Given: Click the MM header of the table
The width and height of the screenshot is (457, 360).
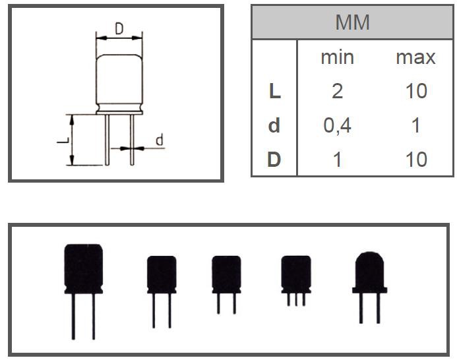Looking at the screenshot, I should [x=352, y=22].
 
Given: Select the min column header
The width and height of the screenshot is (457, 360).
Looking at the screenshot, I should [x=337, y=57].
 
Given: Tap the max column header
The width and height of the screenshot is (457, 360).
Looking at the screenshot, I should [x=415, y=57].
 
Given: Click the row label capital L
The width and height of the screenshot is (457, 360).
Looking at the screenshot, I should [x=274, y=91].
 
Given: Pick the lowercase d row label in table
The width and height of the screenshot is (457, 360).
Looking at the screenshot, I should [x=274, y=125].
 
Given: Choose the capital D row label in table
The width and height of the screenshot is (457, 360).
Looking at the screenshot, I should [x=274, y=160].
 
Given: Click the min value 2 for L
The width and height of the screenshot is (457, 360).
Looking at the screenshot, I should [x=337, y=91].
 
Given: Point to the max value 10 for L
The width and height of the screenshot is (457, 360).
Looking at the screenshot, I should [x=415, y=91].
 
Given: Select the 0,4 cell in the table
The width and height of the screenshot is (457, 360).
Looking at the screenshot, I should [x=337, y=125].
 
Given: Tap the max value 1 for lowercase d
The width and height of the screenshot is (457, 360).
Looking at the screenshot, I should [x=415, y=125].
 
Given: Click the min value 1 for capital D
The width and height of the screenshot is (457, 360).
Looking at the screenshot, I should [x=337, y=160].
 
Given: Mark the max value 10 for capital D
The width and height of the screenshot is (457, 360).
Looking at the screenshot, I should [x=415, y=160].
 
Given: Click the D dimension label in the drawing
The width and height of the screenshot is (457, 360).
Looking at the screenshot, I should [x=119, y=28].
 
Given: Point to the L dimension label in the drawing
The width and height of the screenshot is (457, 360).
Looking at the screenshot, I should [x=61, y=140].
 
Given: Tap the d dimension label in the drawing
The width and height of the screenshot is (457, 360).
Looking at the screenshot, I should [x=158, y=140].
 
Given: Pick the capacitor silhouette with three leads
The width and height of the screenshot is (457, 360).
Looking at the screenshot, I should [x=296, y=274].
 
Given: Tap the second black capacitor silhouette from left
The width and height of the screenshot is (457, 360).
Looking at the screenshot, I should [x=162, y=274].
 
